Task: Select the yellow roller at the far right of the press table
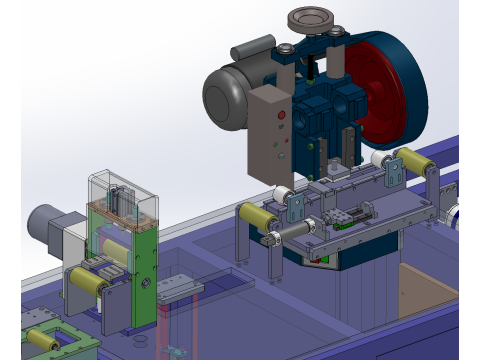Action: tap(410, 160)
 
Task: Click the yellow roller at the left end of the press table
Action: tap(256, 218)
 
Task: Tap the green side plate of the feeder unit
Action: tap(146, 270)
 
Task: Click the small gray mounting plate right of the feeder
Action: tap(180, 285)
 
